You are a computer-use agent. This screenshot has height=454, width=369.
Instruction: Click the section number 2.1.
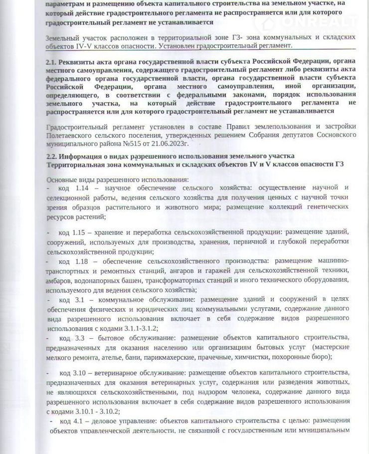51,62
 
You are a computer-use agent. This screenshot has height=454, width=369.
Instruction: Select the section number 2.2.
51,156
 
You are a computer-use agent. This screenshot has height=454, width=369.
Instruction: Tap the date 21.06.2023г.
173,144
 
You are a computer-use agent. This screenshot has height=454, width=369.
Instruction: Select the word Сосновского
332,135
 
